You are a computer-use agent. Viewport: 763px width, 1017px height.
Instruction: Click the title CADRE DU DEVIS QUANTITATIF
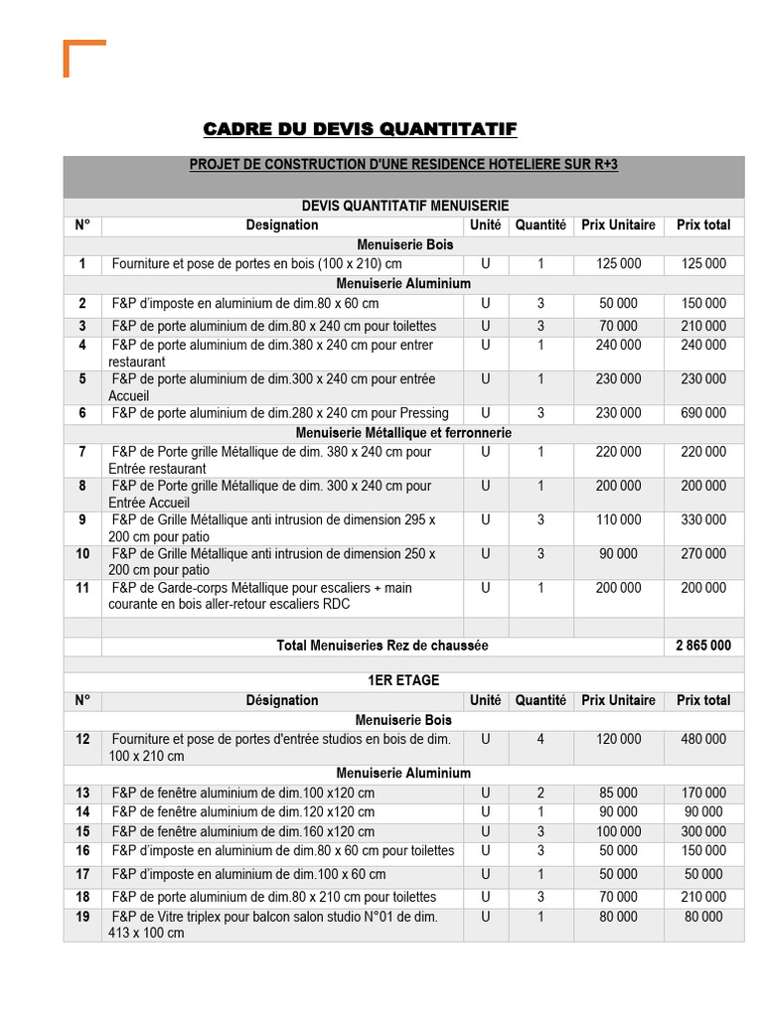360,130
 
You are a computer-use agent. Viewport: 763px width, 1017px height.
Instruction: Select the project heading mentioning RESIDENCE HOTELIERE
403,165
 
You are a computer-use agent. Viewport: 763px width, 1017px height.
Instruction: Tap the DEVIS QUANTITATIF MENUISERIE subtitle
403,206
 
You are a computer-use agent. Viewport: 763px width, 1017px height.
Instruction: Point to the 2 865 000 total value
702,646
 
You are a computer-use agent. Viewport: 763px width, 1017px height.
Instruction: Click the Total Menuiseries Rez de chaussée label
381,646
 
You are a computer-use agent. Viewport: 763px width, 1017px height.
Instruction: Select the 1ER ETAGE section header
403,680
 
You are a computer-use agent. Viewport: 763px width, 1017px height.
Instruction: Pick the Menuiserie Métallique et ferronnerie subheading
403,433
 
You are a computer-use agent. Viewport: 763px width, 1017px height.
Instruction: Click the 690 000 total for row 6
702,413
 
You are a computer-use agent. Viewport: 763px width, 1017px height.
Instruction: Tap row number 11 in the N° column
82,588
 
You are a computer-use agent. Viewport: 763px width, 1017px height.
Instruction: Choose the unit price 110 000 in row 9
618,519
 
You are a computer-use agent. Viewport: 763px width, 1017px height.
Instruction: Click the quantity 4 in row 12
540,739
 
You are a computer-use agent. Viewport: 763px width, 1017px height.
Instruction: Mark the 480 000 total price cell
702,739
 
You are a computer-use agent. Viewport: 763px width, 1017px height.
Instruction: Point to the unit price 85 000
618,793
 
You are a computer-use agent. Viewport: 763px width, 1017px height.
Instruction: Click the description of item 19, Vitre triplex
273,925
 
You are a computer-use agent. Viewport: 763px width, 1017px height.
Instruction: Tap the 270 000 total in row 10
702,553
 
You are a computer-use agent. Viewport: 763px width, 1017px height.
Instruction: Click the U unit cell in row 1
485,263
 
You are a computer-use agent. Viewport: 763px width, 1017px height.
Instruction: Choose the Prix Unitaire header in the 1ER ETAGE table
618,700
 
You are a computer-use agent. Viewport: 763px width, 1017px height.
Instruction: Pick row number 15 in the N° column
82,831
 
